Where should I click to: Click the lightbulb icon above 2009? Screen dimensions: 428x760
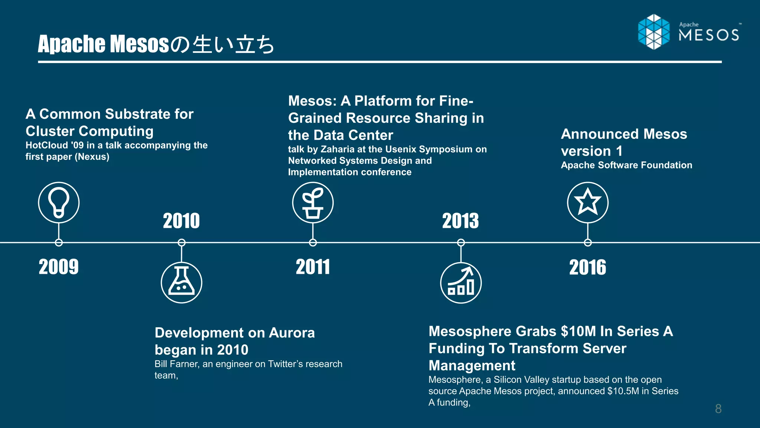point(59,202)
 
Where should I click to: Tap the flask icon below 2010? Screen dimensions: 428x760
point(181,283)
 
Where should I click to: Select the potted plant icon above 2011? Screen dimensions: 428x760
point(313,202)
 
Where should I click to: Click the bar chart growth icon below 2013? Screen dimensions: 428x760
point(461,283)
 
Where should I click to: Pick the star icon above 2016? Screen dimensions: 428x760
point(588,202)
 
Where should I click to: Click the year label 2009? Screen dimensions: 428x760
point(59,267)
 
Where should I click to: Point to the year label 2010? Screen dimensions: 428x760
point(181,221)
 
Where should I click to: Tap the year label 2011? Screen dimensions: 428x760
point(313,267)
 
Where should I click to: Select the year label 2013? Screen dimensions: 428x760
point(461,221)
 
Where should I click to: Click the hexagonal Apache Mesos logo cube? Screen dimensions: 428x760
point(654,32)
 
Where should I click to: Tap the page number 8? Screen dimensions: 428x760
point(718,409)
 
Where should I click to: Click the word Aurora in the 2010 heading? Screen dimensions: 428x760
point(292,333)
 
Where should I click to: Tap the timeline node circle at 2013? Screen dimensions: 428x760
point(461,243)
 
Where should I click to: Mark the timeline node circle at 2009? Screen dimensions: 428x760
point(59,243)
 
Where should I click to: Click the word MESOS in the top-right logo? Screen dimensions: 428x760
point(709,35)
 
